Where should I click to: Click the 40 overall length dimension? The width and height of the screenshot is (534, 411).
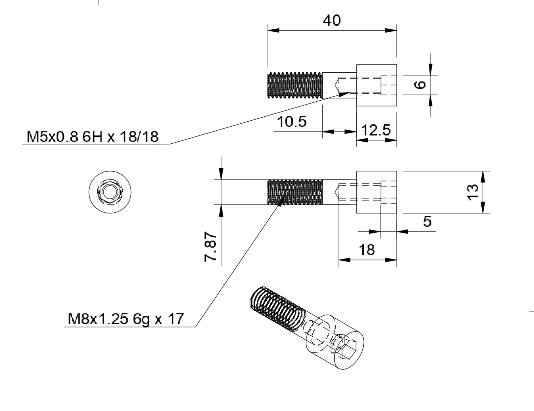[x=331, y=20]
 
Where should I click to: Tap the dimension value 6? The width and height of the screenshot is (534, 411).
[x=420, y=85]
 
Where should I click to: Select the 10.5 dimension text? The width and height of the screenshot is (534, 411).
[x=292, y=122]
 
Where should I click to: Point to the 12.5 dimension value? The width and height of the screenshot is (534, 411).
[x=376, y=130]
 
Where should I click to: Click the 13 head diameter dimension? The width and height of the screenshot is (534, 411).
[x=473, y=192]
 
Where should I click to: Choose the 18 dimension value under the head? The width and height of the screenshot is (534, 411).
[x=367, y=250]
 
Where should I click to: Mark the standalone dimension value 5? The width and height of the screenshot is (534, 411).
[x=427, y=221]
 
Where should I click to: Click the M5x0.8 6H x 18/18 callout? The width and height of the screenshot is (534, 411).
[x=92, y=137]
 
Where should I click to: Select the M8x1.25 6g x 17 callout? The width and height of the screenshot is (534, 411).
[x=126, y=319]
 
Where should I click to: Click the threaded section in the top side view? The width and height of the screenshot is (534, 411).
[x=295, y=85]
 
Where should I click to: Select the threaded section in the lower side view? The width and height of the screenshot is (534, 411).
[x=295, y=192]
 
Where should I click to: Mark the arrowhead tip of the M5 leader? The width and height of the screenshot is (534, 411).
[x=351, y=92]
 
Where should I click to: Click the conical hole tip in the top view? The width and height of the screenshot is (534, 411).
[x=335, y=85]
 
